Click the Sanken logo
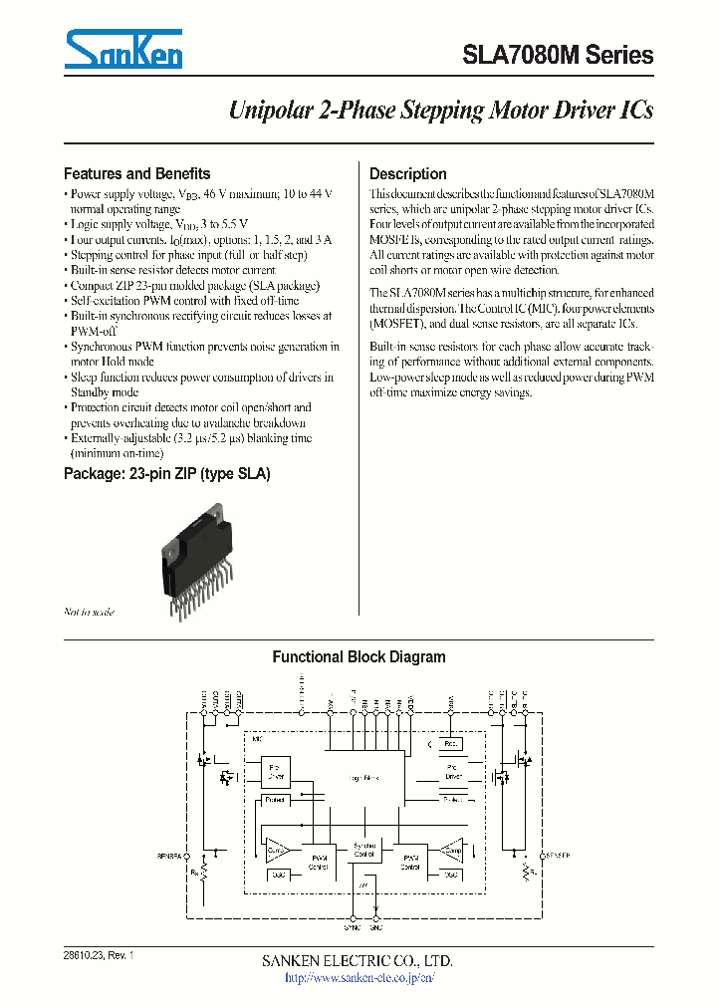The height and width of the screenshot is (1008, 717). (x=122, y=49)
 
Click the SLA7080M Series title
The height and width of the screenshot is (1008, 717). (x=558, y=56)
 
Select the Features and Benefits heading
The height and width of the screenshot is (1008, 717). (x=136, y=173)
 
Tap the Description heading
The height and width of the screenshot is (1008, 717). (x=407, y=173)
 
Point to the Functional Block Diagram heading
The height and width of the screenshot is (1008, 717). (x=358, y=657)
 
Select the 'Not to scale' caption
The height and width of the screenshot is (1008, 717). (x=90, y=612)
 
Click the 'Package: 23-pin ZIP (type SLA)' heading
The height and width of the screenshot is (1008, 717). (x=166, y=474)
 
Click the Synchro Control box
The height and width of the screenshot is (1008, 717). (x=365, y=852)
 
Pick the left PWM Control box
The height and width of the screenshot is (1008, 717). (x=319, y=862)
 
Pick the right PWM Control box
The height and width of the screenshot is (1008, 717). (x=410, y=862)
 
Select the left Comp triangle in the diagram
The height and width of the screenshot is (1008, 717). (x=276, y=849)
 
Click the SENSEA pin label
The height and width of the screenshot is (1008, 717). (x=169, y=856)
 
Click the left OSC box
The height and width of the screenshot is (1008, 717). (x=276, y=874)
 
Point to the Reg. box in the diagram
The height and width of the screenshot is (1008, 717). (x=450, y=744)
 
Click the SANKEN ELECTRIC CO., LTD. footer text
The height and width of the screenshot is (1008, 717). (x=358, y=961)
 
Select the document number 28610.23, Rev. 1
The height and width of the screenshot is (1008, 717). (x=97, y=955)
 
